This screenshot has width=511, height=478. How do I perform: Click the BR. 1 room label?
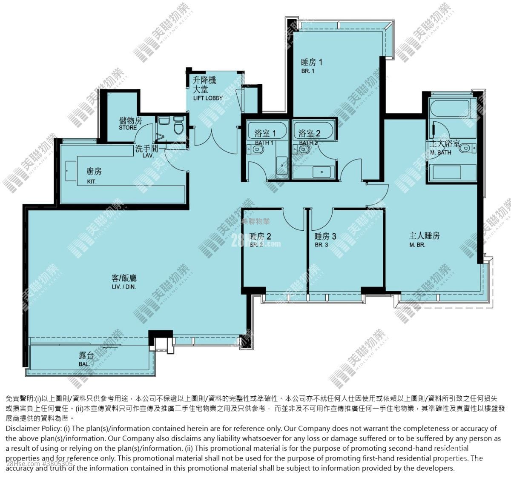[x=307, y=71]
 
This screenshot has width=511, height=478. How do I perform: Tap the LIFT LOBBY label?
[x=208, y=98]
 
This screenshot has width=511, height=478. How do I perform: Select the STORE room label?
[x=128, y=128]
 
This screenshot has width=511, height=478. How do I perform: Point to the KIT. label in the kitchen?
[x=92, y=181]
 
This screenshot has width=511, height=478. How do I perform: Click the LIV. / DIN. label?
[x=123, y=287]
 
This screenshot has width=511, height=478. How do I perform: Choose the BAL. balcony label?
[x=84, y=364]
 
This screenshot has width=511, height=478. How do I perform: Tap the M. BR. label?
[x=417, y=245]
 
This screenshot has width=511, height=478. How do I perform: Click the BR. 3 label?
[x=321, y=245]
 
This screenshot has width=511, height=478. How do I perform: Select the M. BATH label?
[x=440, y=152]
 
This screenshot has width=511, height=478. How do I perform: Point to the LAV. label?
[x=148, y=155]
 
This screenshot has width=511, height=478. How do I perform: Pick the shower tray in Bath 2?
[x=322, y=172]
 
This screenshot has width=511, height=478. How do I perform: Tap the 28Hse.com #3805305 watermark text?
[x=39, y=464]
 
